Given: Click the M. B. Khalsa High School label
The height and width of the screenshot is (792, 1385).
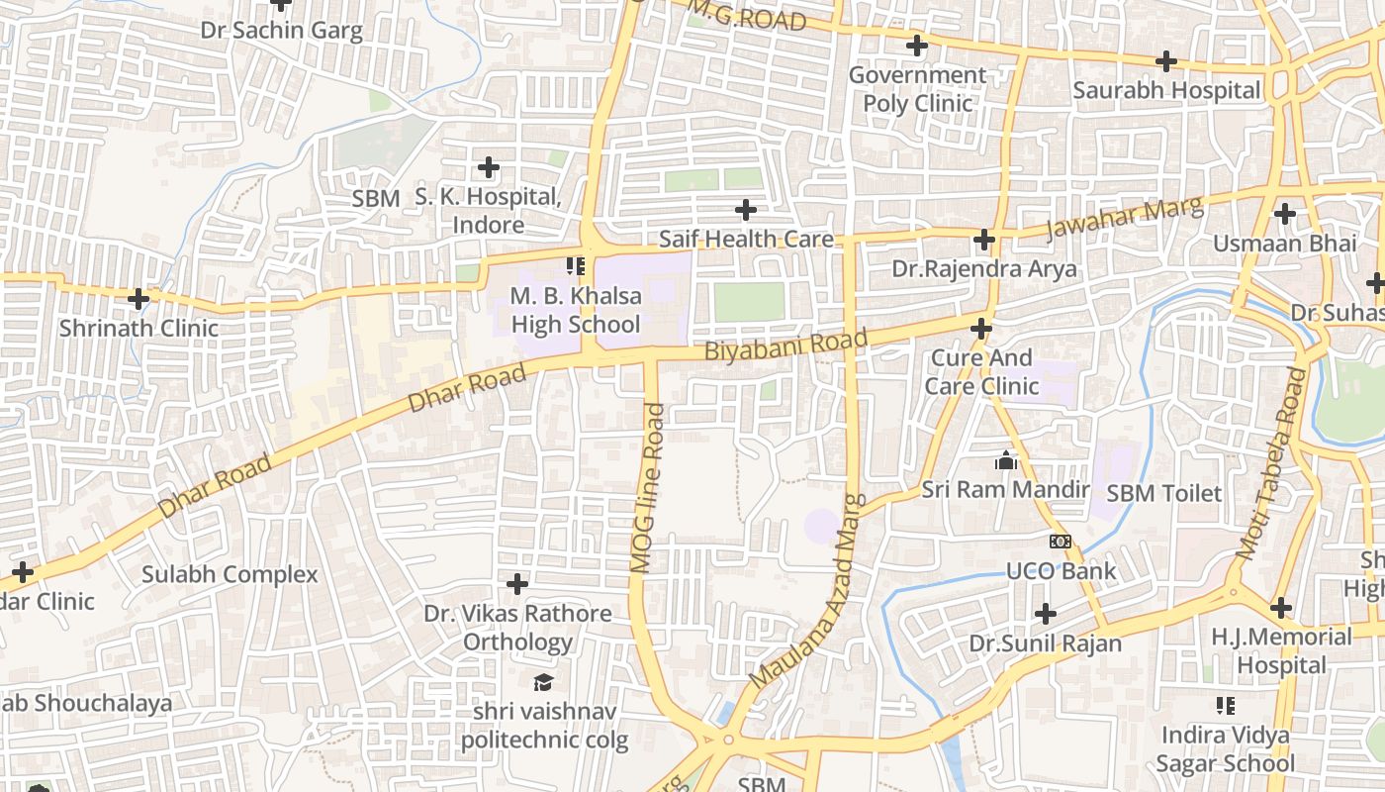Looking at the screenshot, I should (575, 310).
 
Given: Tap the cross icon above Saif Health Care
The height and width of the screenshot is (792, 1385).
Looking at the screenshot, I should (746, 210).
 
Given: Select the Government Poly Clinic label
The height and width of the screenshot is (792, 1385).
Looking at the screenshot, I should (917, 89).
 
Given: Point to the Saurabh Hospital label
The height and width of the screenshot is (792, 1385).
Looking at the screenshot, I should (1167, 90).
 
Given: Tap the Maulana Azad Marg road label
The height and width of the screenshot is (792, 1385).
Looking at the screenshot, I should (808, 592).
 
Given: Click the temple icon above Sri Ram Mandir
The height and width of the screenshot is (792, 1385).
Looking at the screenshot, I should (1006, 461).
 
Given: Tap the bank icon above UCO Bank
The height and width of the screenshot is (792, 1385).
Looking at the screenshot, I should (1061, 542).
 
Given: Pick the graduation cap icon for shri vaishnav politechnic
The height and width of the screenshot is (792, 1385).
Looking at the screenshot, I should (543, 682).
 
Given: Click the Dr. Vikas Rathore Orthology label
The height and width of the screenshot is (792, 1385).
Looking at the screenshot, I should (517, 628).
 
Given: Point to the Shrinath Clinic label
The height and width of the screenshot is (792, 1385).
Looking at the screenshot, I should (138, 328).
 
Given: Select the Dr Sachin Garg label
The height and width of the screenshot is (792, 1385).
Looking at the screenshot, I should (282, 30).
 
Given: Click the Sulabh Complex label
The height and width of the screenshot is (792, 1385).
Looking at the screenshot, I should (230, 574).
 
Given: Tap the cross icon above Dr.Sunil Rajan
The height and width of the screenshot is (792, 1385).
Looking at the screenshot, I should (1046, 614).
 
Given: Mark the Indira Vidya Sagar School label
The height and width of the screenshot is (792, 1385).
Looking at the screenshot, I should (1226, 749).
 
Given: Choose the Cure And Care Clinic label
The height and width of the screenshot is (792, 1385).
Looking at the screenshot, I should (981, 371).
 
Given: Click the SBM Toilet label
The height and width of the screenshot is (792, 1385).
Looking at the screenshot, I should (1163, 493).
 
